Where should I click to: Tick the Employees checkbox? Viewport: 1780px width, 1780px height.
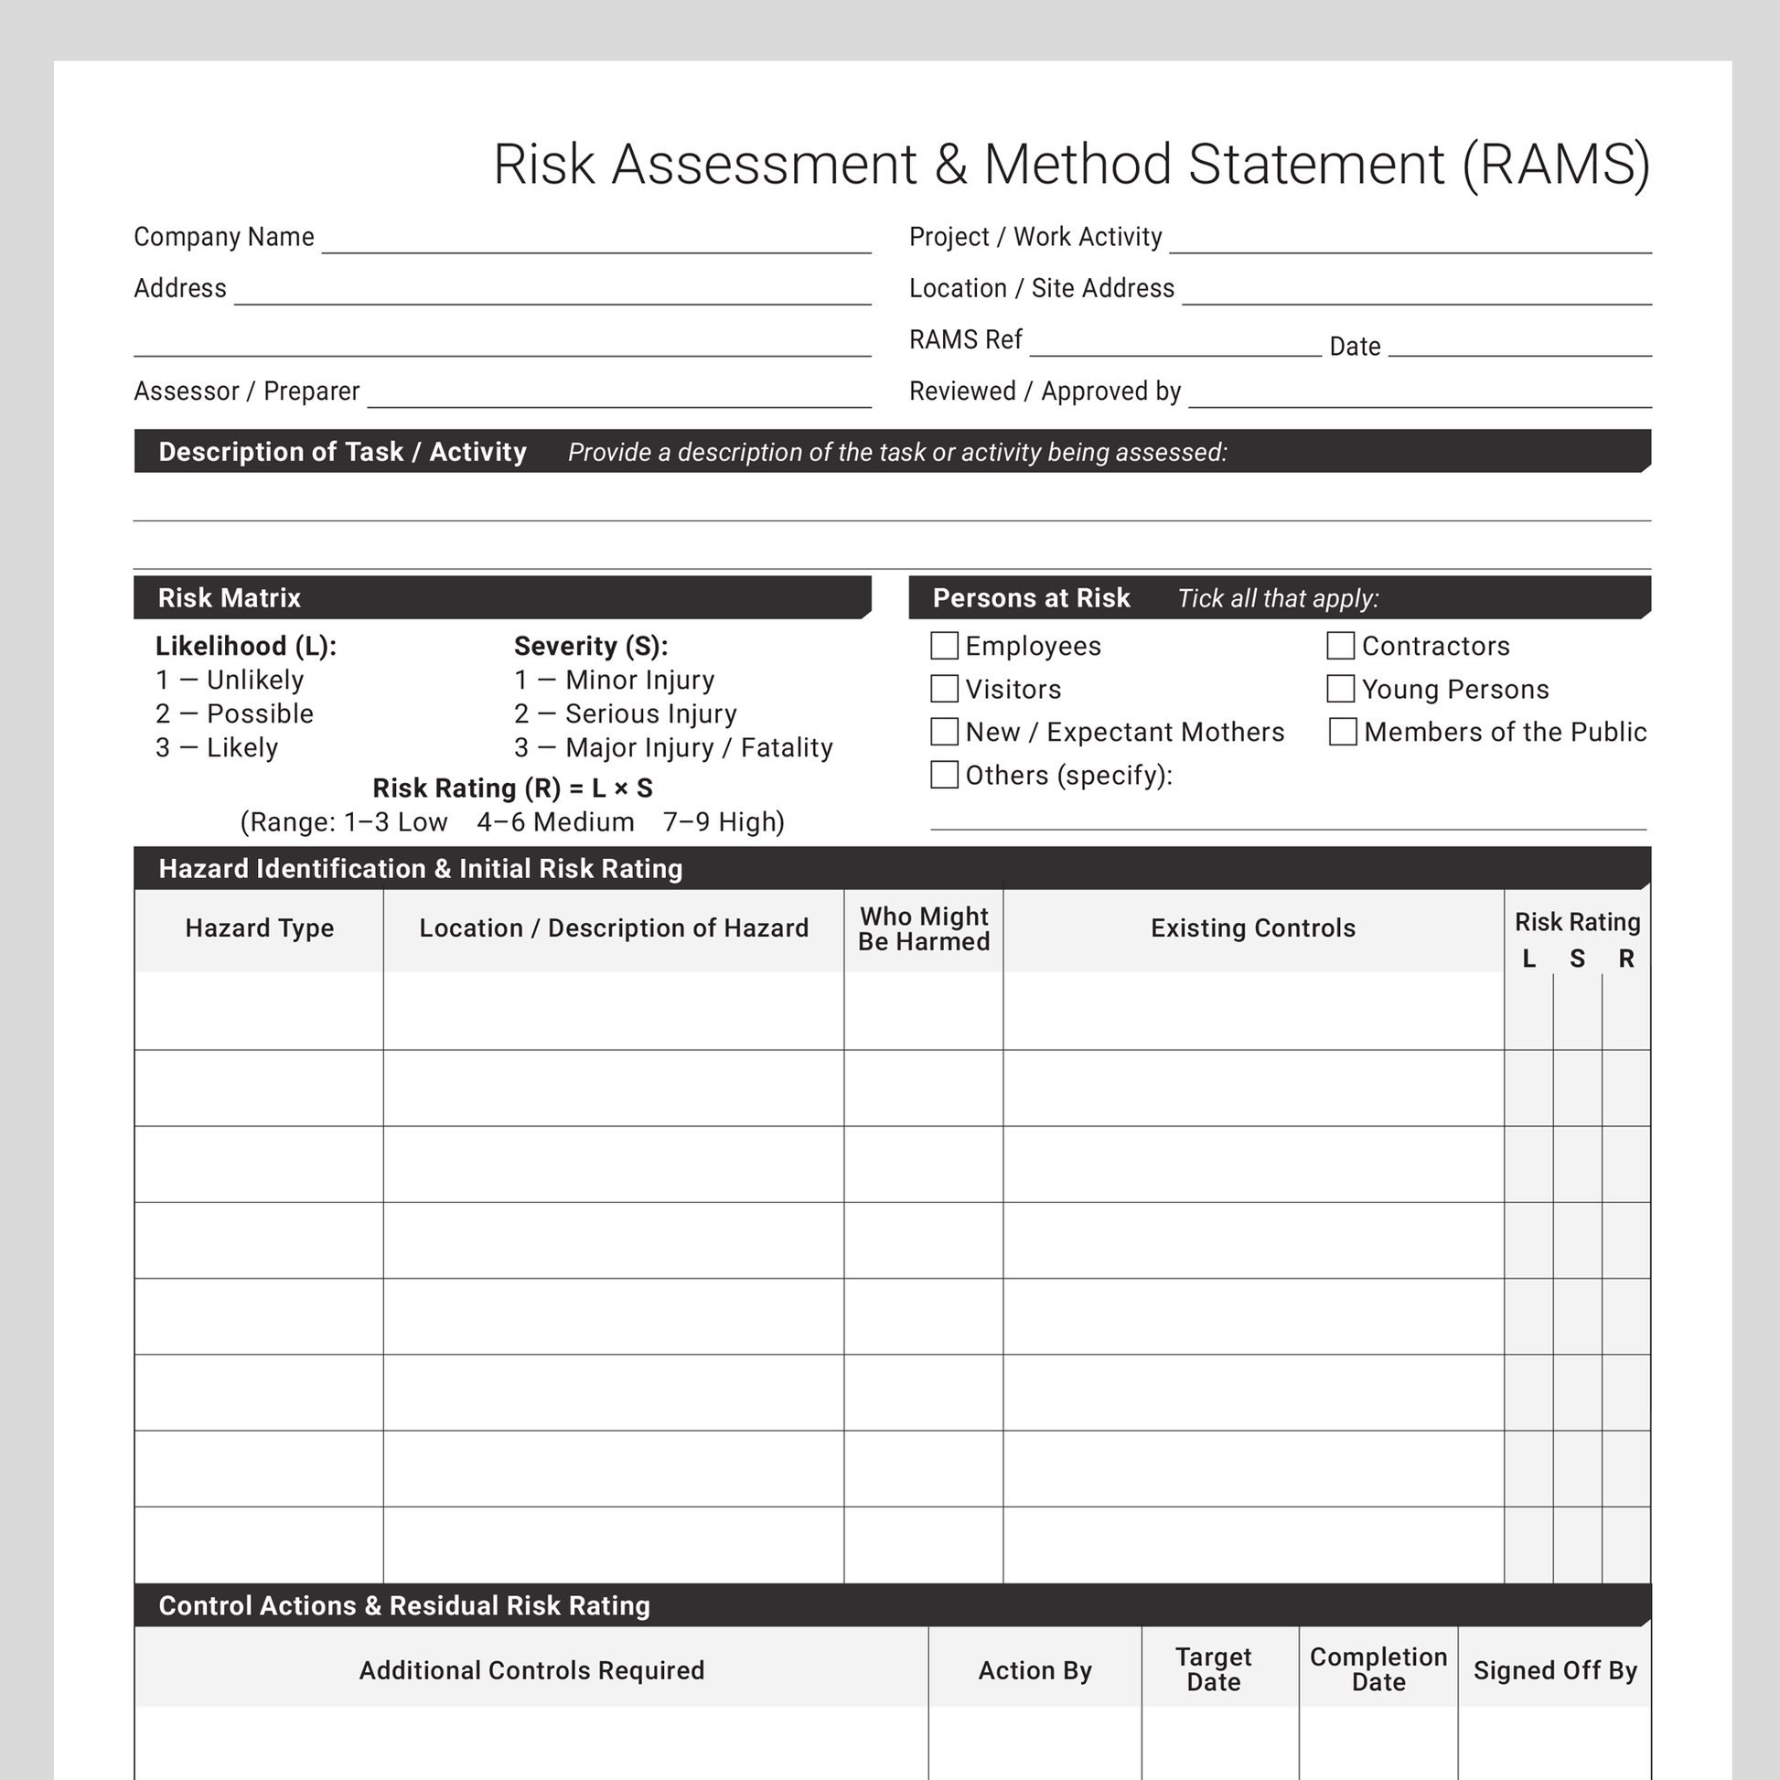coord(944,646)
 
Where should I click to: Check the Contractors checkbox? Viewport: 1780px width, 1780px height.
coord(1341,646)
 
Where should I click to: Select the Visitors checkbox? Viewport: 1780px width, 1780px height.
coord(944,689)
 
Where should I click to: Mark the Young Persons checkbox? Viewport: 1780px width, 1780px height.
coord(1341,689)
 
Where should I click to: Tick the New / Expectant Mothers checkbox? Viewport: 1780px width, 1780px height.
coord(944,732)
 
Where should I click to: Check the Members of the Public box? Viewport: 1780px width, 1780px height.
coord(1343,732)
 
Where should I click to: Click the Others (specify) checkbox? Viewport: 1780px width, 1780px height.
coord(944,775)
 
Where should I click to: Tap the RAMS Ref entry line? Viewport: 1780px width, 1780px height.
coord(1174,347)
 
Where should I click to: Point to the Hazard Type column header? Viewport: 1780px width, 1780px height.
coord(259,928)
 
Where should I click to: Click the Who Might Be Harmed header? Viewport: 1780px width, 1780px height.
coord(923,928)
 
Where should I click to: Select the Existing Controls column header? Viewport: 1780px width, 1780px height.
coord(1253,928)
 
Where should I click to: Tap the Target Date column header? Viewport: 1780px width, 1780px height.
coord(1214,1669)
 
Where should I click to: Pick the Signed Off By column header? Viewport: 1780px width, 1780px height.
coord(1555,1670)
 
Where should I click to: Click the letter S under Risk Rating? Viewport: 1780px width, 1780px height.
coord(1577,960)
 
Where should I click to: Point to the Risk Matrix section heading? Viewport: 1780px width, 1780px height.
coord(230,598)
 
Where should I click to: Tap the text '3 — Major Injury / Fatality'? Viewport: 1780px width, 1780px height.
coord(673,747)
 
